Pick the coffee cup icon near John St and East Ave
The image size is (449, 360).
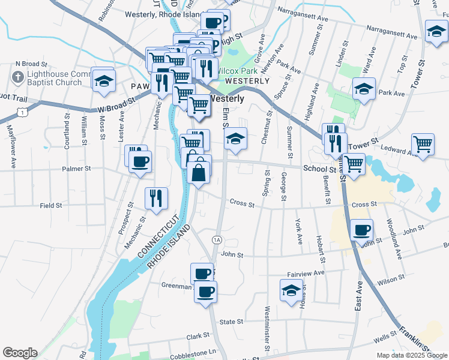(361, 230)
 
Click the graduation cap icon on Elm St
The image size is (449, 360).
(236, 139)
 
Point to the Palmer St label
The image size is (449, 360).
(76, 169)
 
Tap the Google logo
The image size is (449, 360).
(20, 353)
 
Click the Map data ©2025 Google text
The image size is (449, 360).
(412, 355)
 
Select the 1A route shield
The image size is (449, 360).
(217, 240)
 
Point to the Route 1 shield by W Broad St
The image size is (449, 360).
(22, 112)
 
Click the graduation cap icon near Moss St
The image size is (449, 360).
(104, 80)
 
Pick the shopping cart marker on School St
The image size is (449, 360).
(354, 163)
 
